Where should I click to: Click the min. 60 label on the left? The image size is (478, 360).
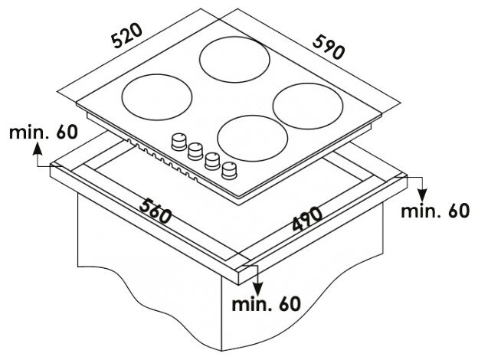pos(43,132)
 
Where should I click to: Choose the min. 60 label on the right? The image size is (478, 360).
pos(434,211)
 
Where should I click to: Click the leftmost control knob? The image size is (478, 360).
pos(178,141)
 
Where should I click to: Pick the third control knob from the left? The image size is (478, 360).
pos(212,160)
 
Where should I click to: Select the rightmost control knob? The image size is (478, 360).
pos(229,170)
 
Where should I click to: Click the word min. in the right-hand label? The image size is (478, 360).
pos(418,211)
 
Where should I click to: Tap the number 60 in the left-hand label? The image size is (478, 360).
pos(66,132)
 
